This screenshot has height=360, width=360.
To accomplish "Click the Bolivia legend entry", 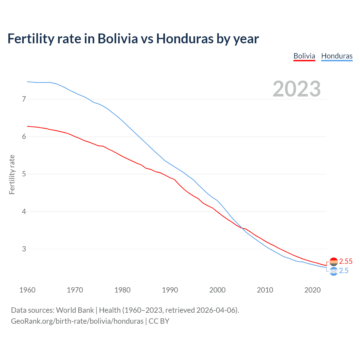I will tap(304, 56).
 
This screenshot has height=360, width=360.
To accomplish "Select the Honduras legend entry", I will tap(337, 56).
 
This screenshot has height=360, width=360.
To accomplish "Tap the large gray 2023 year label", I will tap(296, 89).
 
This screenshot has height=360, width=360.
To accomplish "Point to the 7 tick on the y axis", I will tap(24, 99).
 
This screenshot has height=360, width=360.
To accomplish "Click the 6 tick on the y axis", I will tap(24, 136).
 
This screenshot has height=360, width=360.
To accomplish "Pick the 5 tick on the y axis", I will tap(24, 174).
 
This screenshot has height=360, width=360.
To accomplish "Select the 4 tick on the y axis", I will tap(24, 211).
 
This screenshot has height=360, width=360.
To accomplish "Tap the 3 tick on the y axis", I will tap(24, 249).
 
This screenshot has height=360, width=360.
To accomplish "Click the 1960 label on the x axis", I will tap(27, 290).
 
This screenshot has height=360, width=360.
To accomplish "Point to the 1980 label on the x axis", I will tap(122, 290).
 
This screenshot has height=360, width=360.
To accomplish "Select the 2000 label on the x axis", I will tap(217, 290).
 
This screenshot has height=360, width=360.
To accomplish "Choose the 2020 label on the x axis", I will tap(312, 290).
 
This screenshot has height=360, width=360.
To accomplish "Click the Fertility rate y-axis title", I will tap(12, 174).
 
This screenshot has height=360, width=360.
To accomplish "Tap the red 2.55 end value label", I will tap(346, 261).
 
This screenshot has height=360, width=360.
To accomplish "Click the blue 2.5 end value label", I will tap(344, 271).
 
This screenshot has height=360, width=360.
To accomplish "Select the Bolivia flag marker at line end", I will tap(334, 262).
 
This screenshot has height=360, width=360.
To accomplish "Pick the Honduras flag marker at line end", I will tap(334, 271).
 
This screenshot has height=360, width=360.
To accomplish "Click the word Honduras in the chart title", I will tap(185, 39).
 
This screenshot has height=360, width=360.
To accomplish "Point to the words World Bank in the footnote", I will tap(75, 310).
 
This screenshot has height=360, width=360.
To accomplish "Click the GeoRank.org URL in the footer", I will tap(77, 321).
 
